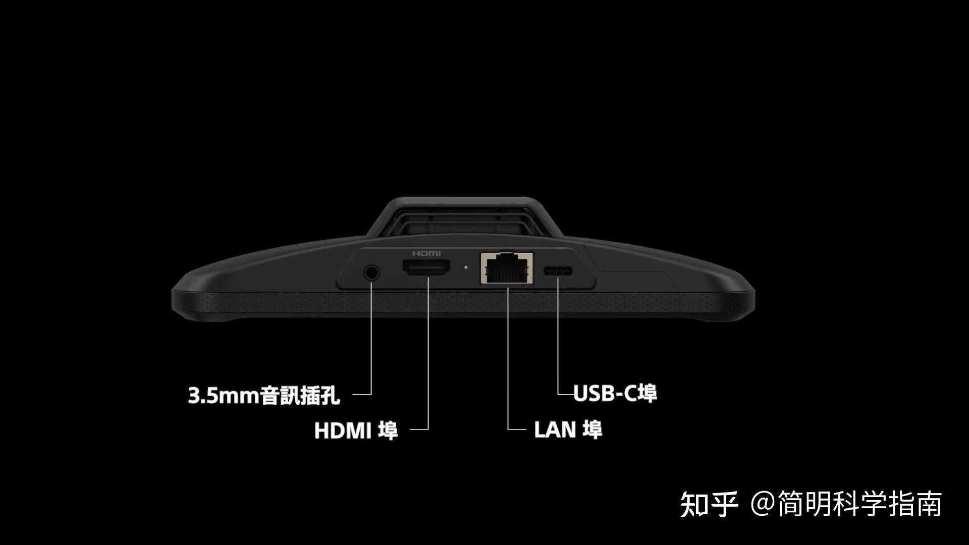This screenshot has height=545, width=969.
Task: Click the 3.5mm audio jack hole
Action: (x=371, y=272)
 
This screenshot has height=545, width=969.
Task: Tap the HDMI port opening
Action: (x=426, y=268)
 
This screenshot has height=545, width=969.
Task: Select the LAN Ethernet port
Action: (x=507, y=268)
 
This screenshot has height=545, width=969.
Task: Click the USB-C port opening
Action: (x=558, y=271)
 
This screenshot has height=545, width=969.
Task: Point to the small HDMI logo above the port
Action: (x=426, y=253)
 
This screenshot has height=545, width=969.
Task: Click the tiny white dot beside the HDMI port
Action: (x=465, y=266)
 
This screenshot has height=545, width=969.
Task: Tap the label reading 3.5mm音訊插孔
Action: (x=264, y=395)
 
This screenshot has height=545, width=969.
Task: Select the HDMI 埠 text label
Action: (x=356, y=430)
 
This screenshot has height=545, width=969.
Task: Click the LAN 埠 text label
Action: (x=568, y=429)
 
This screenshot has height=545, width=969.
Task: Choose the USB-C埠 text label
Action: (x=615, y=393)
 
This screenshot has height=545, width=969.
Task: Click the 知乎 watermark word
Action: (x=709, y=504)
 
